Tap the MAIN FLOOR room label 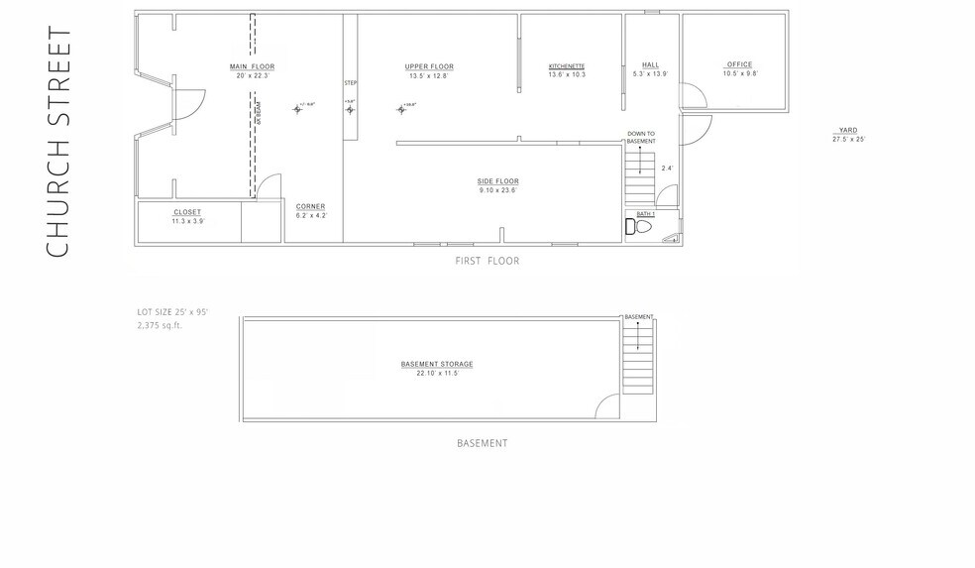point(252,66)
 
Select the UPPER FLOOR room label point(429,66)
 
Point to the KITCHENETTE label point(567,66)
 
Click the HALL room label point(650,65)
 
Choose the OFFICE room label point(739,65)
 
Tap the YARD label point(847,130)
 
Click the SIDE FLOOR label point(497,181)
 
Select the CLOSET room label point(187,212)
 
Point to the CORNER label point(310,206)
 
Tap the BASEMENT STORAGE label point(436,364)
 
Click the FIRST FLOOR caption point(487,262)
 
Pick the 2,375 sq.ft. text point(161,324)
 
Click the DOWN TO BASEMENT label point(641,138)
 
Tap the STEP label point(350,82)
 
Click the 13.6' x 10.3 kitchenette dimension point(567,75)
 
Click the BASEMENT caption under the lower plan point(482,443)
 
